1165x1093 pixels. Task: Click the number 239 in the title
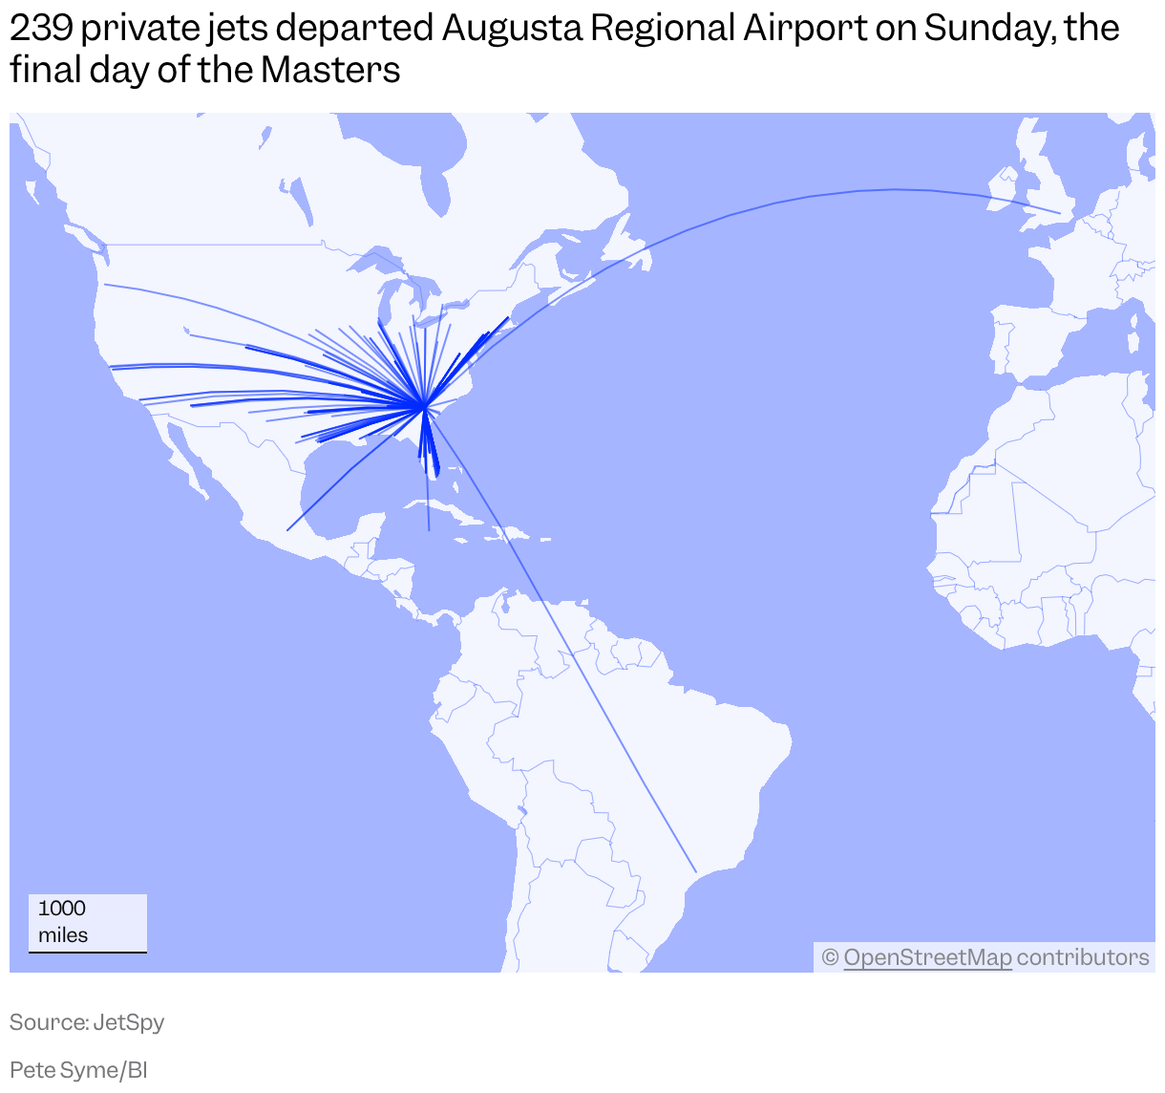40,29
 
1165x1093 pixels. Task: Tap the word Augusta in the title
511,29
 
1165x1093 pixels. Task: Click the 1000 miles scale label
63,921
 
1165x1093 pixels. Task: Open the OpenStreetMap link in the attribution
927,957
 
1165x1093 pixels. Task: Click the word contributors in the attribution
1083,957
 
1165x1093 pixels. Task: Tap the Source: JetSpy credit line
87,1022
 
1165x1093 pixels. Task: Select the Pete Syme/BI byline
78,1070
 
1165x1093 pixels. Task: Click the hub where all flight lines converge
423,407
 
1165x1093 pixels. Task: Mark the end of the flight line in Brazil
696,871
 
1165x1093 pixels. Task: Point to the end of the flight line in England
1060,212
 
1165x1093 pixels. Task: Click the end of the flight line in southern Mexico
287,530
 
